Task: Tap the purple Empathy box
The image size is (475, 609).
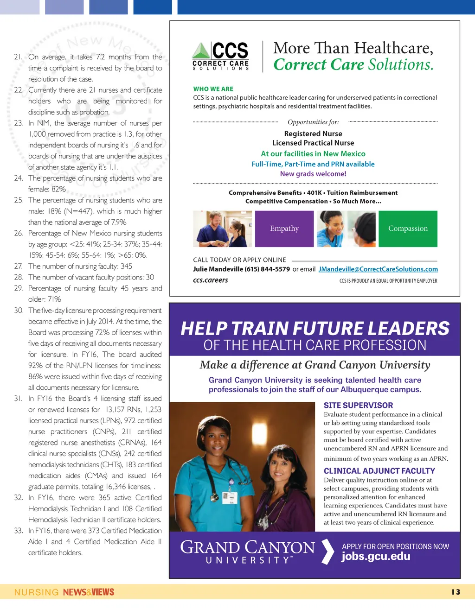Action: pos(284,228)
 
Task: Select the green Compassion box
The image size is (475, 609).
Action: pos(408,228)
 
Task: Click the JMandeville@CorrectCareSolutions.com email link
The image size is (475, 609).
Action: pos(378,269)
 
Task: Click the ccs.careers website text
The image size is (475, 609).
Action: pos(211,280)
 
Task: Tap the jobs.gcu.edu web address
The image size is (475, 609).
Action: pos(376,557)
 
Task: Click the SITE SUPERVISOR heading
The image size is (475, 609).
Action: pos(358,405)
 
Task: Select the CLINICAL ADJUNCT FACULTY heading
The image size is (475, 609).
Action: pos(379,471)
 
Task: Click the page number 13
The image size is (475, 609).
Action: pos(456,592)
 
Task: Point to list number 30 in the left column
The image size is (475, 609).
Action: pos(19,311)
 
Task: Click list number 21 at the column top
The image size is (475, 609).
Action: pos(19,57)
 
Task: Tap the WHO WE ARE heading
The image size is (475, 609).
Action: pos(213,89)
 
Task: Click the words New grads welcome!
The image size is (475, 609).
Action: pos(313,174)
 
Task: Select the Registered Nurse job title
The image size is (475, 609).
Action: pos(313,133)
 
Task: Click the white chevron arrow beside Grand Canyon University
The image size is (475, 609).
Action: pos(327,552)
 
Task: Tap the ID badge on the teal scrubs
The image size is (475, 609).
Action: pos(230,497)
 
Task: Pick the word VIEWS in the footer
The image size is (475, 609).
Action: pos(103,592)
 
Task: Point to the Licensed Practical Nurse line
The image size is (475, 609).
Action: pos(313,143)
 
